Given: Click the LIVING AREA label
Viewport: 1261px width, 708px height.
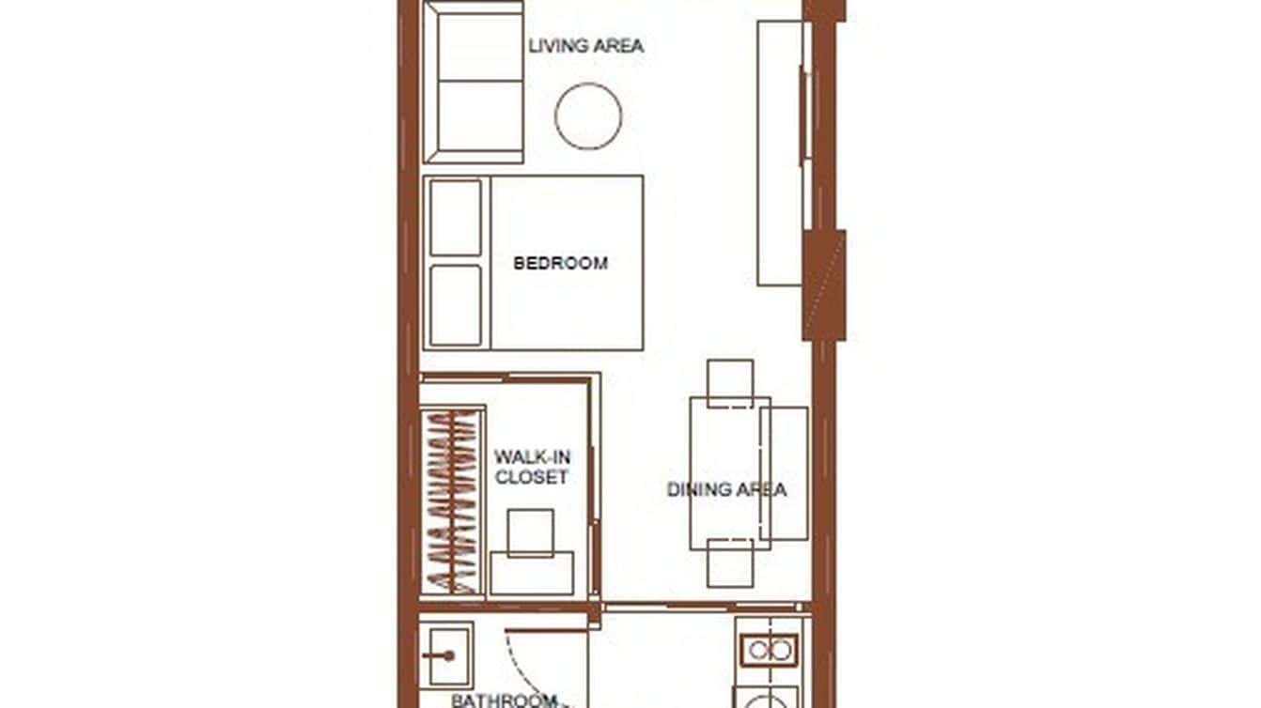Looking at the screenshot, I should [585, 45].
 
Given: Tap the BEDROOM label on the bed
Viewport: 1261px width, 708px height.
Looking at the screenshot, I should [560, 263].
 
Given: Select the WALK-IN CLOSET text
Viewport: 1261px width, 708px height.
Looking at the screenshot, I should [532, 468].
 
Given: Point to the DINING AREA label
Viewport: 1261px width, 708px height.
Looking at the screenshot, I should [726, 489].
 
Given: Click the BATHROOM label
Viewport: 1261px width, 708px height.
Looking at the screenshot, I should [504, 700].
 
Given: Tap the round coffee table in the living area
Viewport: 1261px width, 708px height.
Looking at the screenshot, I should [588, 116].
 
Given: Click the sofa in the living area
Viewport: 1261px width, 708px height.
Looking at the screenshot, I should [475, 83].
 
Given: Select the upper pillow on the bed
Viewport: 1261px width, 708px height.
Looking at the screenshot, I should [456, 217].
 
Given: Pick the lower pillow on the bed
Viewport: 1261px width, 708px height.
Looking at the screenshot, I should [456, 305].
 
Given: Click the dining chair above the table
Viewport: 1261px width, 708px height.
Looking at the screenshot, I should [730, 382].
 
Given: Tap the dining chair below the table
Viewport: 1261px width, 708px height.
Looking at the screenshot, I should [730, 562].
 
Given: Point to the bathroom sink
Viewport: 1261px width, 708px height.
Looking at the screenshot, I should [446, 655].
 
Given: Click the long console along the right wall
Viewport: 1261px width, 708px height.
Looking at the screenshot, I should [780, 153].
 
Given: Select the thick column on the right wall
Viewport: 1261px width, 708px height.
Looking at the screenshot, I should [824, 285].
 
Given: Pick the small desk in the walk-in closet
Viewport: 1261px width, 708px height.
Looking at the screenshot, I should [532, 573].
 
